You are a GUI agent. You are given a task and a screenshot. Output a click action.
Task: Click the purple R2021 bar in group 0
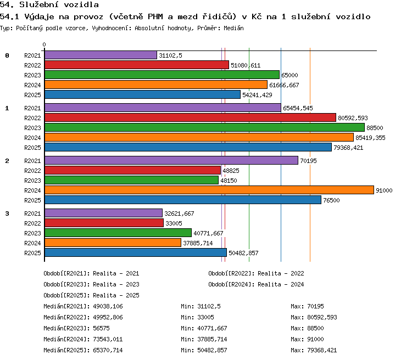point(101,55)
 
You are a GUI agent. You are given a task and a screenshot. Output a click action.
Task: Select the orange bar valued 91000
point(209,190)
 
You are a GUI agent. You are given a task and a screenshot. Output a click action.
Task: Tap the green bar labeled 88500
point(205,128)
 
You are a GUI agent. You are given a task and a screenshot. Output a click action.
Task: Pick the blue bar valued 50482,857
point(136,252)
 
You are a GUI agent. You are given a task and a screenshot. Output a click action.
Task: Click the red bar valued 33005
point(104,223)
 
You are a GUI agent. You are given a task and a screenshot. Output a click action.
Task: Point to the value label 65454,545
point(298,108)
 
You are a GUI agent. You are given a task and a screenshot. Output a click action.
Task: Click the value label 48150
point(229,181)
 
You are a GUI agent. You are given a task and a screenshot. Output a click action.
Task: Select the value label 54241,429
point(257,95)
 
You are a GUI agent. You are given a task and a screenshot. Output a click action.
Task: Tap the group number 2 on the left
point(7,161)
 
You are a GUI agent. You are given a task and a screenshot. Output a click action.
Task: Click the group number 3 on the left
point(7,213)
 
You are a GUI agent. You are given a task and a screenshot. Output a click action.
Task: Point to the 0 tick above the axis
point(44,44)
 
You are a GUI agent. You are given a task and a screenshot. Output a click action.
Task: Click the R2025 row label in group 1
point(32,148)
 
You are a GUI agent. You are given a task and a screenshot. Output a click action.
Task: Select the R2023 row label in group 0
point(32,75)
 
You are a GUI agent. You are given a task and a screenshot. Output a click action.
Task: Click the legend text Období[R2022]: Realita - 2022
point(256,273)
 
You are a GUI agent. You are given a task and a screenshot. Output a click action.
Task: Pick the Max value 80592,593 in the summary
point(322,317)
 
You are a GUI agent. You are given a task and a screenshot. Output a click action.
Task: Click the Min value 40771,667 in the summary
point(212,328)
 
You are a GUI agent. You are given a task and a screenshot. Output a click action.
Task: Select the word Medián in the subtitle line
point(233,28)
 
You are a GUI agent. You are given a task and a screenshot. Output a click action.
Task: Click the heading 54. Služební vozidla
point(49,4)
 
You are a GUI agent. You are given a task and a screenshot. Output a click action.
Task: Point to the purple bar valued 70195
point(171,160)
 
